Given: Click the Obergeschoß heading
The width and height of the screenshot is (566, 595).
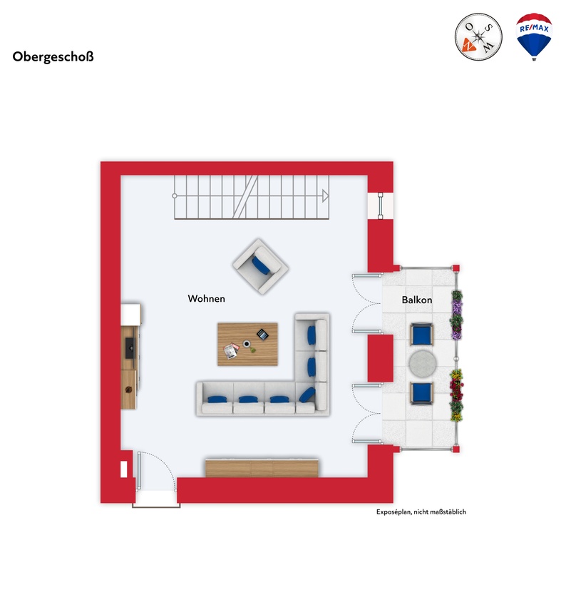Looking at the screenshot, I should click(x=53, y=57).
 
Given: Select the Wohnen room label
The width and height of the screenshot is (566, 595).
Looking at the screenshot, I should click(x=206, y=299).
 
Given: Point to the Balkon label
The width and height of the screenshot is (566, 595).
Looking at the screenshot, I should click(x=416, y=300).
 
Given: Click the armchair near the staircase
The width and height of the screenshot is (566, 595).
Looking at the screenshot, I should click(x=259, y=265).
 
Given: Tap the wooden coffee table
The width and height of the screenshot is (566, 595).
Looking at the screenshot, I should click(x=249, y=344).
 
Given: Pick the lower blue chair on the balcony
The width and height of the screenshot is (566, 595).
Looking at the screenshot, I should click(x=421, y=392).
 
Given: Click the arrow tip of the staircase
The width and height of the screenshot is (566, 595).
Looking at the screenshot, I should click(x=326, y=195).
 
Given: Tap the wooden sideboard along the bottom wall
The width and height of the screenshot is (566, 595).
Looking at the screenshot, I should click(x=261, y=468).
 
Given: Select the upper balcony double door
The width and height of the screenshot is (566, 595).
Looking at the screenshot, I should click(x=368, y=302).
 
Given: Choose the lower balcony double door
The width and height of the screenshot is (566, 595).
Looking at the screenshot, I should click(x=368, y=414).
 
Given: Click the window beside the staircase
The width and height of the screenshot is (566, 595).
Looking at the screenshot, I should click(x=381, y=205).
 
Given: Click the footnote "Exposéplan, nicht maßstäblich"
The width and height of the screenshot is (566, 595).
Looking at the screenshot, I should click(x=421, y=512).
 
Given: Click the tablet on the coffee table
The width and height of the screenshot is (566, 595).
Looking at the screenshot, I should click(x=263, y=333).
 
